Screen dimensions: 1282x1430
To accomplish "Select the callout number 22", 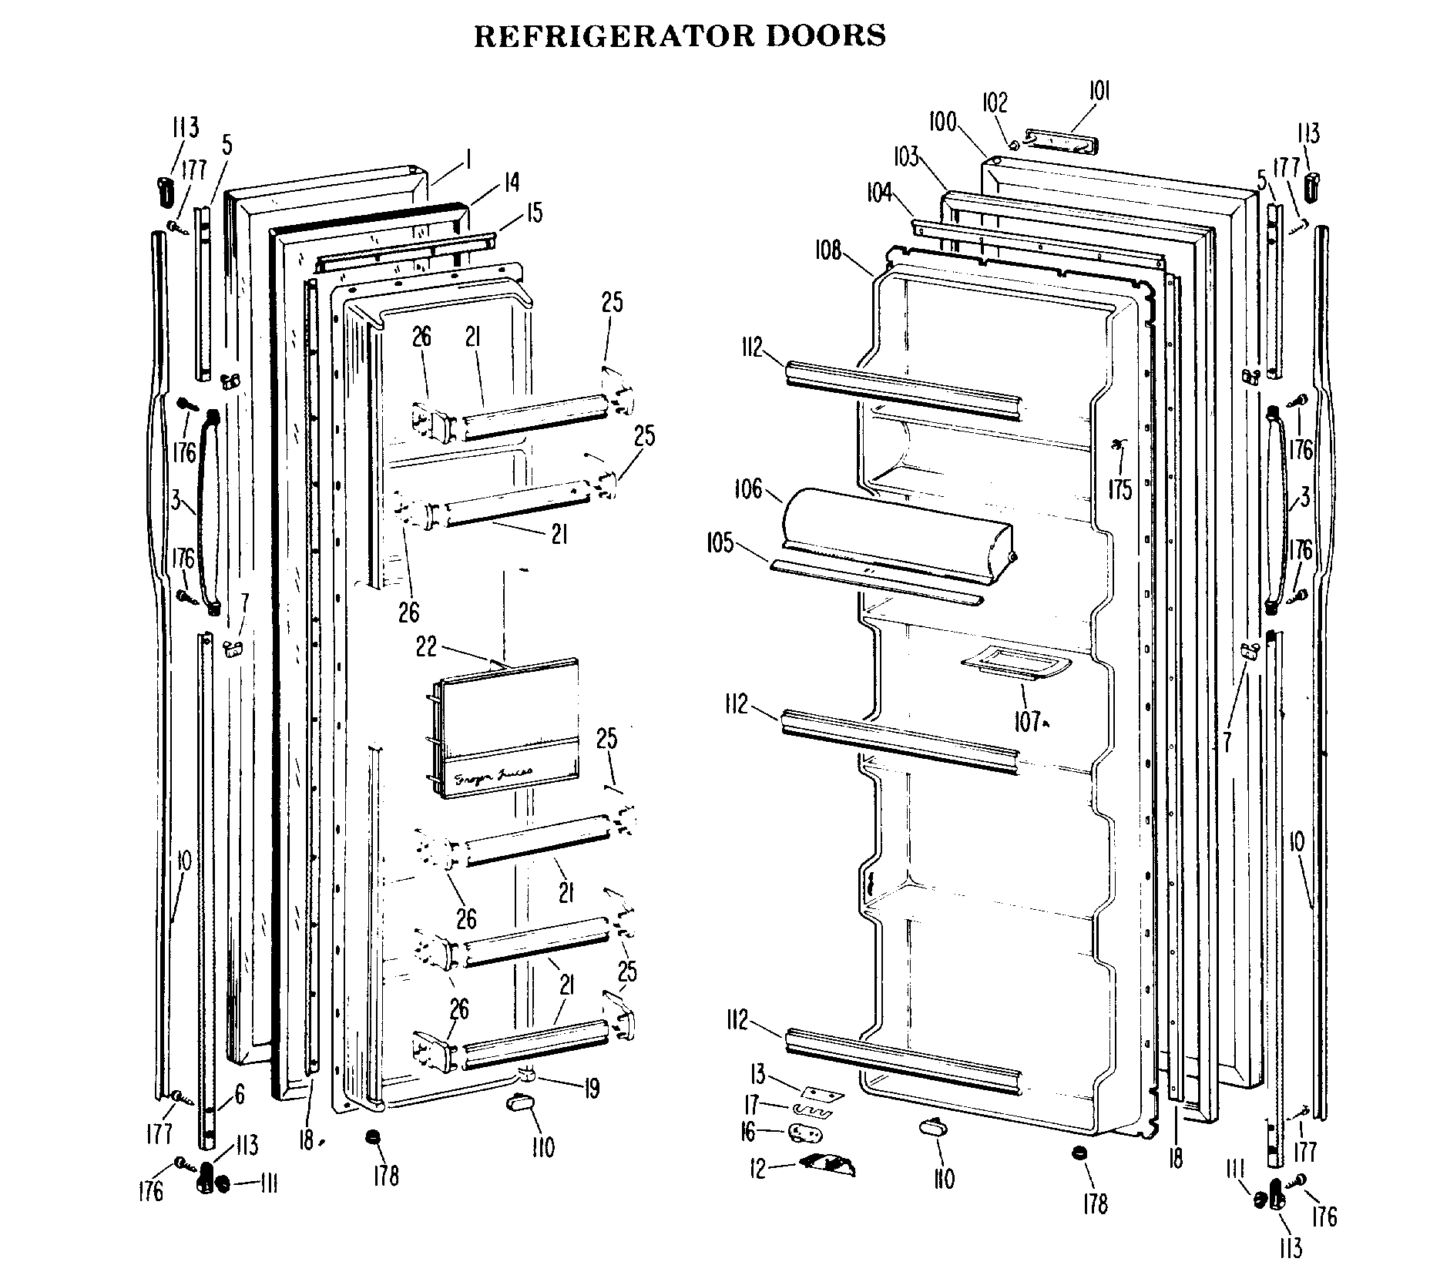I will (x=426, y=647).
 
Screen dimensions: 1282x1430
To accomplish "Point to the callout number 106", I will (x=747, y=489).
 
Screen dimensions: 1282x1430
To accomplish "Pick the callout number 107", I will (x=1026, y=722).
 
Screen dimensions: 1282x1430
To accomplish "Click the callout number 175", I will (x=1119, y=488).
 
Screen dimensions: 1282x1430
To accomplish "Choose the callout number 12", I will (x=758, y=1170).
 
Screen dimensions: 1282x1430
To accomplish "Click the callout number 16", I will (x=747, y=1132).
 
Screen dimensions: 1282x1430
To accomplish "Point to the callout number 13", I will (x=758, y=1074).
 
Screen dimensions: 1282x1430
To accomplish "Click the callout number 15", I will (x=534, y=211).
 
